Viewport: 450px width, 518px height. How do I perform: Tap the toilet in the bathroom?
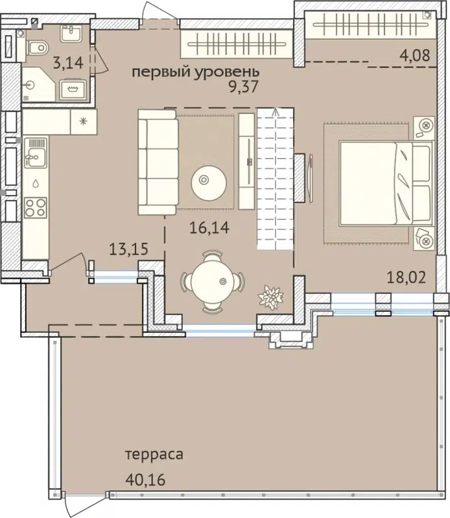click(x=39, y=47)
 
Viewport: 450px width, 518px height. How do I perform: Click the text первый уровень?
click(x=196, y=72)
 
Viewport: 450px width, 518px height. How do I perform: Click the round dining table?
click(x=213, y=280)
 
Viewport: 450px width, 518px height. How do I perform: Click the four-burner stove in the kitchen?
click(x=34, y=208)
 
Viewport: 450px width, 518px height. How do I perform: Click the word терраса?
click(x=155, y=455)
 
